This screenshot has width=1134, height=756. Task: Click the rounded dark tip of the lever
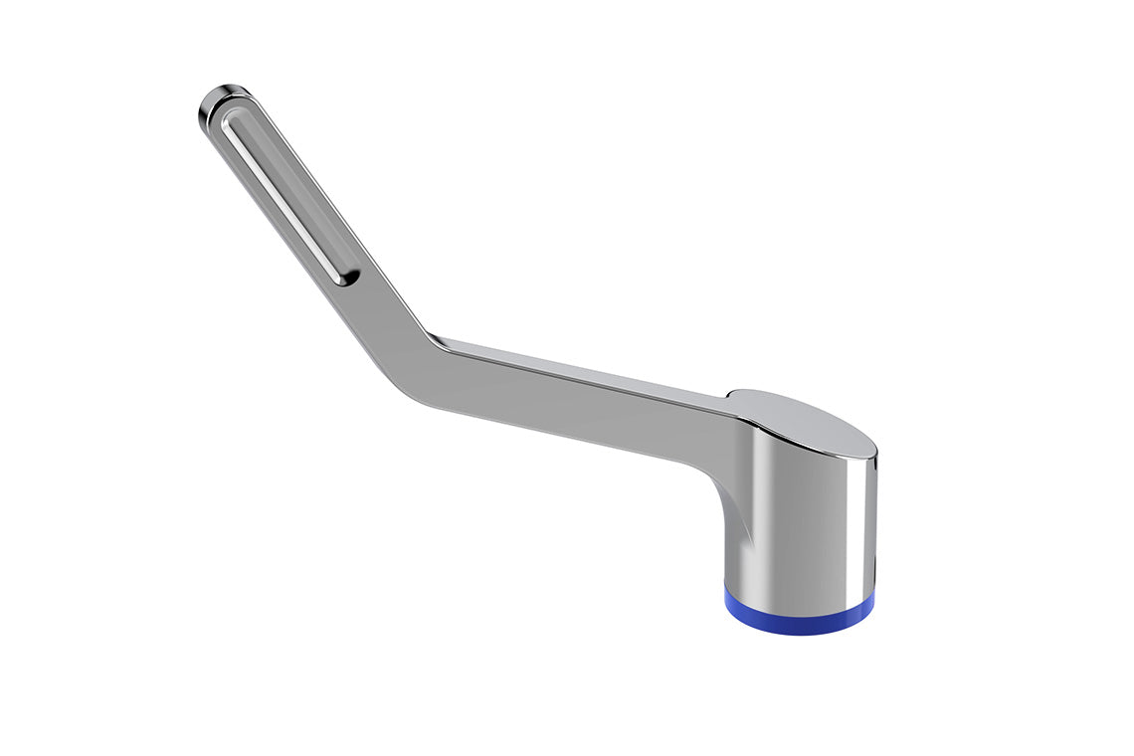click(x=221, y=101)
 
